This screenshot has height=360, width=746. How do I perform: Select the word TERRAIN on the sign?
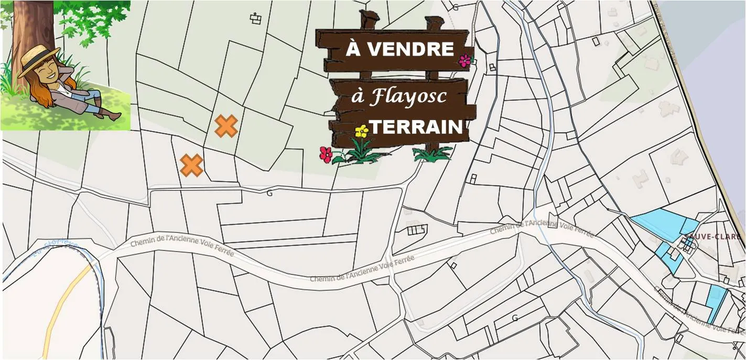[416, 127]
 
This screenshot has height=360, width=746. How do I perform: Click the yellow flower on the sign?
[361, 132]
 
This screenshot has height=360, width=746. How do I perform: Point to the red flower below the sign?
[326, 154]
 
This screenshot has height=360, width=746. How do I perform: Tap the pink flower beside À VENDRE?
[464, 61]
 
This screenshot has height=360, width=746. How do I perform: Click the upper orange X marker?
[226, 126]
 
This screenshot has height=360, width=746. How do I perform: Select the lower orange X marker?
[191, 165]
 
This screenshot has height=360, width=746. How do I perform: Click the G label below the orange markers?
[269, 193]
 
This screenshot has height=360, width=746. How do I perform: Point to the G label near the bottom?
[515, 318]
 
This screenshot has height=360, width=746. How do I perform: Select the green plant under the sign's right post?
[433, 154]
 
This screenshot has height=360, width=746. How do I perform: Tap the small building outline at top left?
[255, 19]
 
